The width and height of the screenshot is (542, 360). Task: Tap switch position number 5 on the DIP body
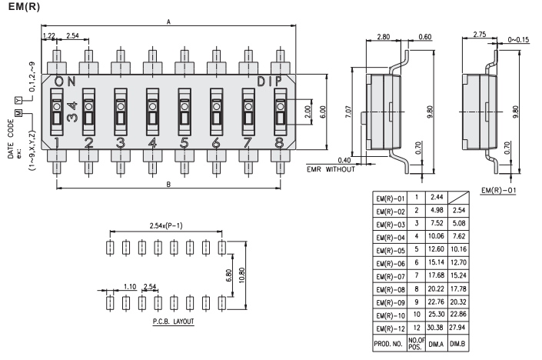tap(184, 142)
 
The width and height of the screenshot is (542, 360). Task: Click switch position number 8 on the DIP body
tap(278, 142)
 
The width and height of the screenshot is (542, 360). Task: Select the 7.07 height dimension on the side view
tap(348, 115)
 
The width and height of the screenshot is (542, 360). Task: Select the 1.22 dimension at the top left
tap(48, 36)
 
